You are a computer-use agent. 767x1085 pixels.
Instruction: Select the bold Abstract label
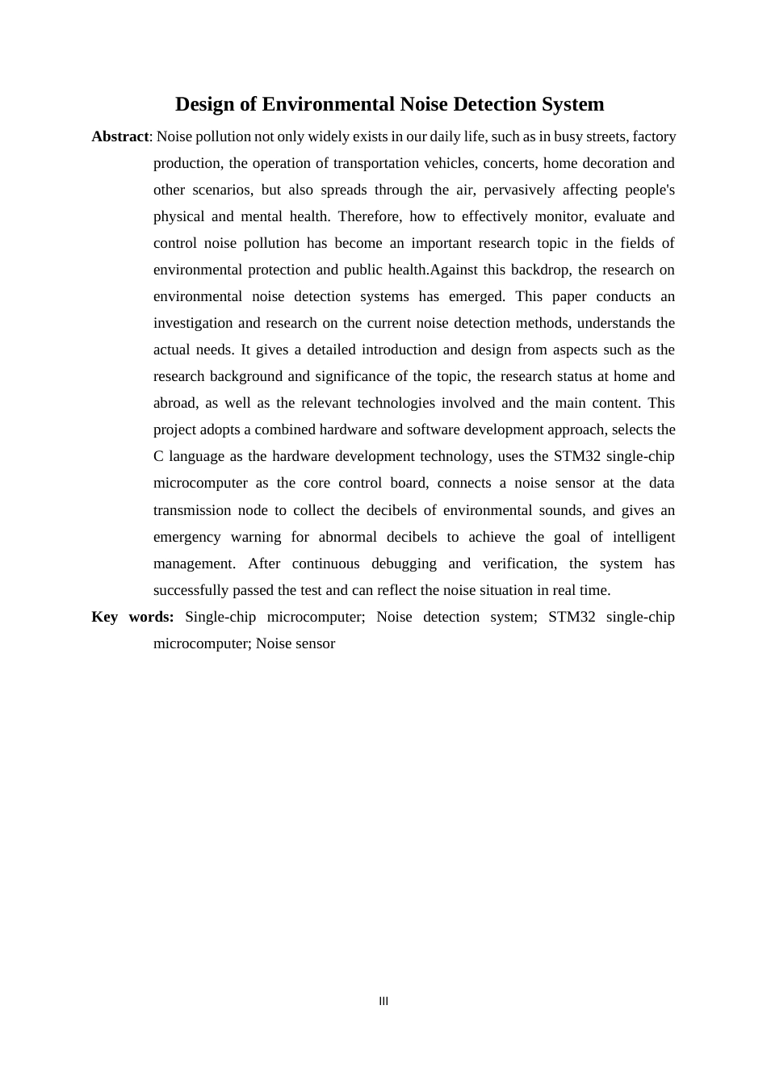120,136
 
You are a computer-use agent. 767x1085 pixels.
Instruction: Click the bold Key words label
132,617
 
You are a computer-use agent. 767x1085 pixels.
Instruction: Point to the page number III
383,1001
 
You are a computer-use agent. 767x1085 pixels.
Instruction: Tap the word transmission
191,510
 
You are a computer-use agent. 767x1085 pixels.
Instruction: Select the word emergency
187,537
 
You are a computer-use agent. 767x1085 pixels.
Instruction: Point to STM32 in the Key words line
572,617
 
